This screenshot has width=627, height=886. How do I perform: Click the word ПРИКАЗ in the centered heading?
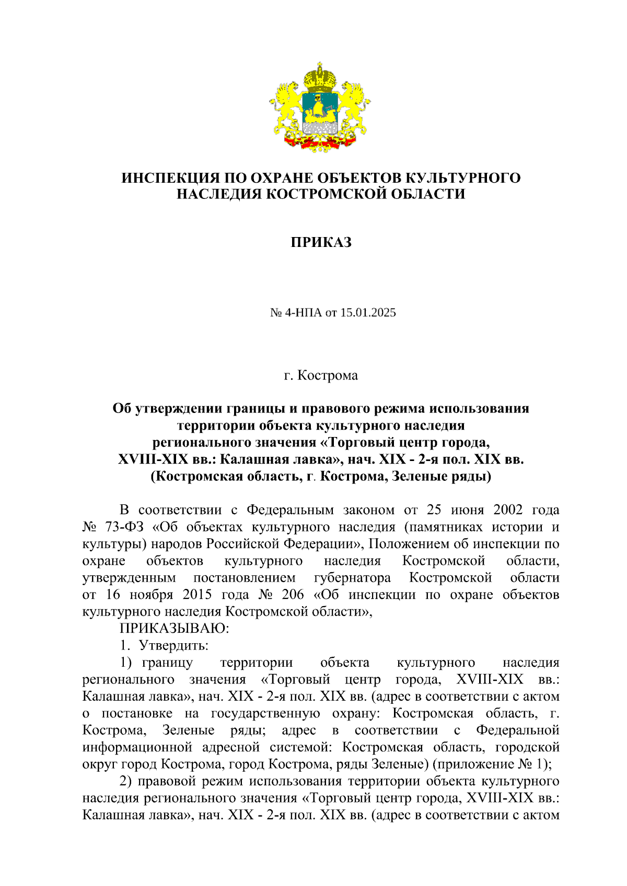click(321, 242)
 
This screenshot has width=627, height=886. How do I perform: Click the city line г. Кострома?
click(321, 375)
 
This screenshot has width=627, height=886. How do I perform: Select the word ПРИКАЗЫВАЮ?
click(175, 628)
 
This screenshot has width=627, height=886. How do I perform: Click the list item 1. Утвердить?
click(164, 645)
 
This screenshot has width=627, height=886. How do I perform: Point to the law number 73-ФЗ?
click(127, 527)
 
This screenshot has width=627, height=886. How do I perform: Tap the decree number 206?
click(293, 595)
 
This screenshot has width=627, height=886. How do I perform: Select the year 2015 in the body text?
click(197, 595)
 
